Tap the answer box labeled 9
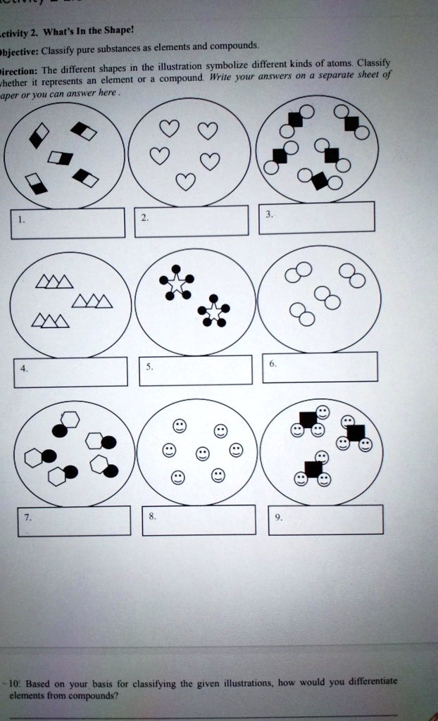click(326, 520)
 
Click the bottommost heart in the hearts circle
click(185, 182)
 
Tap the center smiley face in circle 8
click(202, 453)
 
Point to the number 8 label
click(152, 515)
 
